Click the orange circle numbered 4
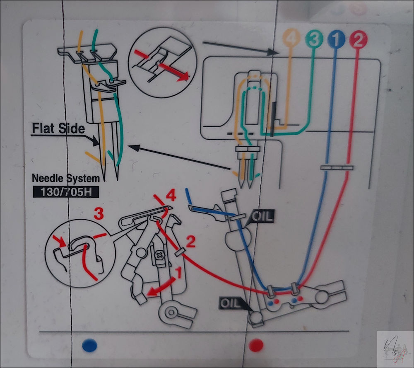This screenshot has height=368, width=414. [291, 39]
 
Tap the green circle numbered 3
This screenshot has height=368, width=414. [314, 39]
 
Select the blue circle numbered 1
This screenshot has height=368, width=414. [336, 39]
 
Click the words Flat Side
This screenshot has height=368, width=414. [58, 128]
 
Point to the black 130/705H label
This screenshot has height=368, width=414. [66, 192]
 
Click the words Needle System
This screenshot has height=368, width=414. [66, 178]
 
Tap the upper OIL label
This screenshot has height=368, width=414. [262, 217]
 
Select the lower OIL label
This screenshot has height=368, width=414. [231, 303]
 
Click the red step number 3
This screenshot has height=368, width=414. [99, 214]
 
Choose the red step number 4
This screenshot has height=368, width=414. [171, 196]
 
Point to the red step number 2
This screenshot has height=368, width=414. [190, 241]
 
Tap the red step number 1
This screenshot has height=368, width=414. [179, 273]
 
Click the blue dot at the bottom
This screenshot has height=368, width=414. [89, 345]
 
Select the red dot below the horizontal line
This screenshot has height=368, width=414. [256, 345]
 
